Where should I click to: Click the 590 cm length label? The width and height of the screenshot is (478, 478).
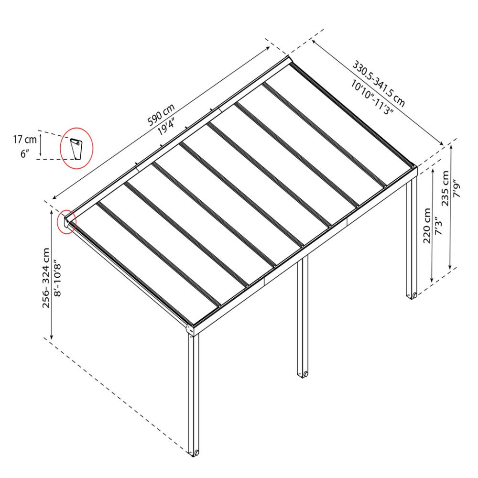coord(161,115)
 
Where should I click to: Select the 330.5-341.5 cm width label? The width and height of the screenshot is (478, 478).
coord(379,84)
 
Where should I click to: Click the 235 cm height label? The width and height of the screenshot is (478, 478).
coord(445,188)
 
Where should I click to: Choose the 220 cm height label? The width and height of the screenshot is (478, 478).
coord(427,226)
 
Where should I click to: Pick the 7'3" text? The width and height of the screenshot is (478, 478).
coord(437,226)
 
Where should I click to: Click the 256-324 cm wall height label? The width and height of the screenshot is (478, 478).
coord(46,278)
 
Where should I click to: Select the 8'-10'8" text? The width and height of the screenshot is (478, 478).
coord(57,278)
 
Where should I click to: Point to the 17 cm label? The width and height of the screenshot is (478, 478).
coord(25,140)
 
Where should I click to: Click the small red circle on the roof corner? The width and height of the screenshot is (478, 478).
coord(66,222)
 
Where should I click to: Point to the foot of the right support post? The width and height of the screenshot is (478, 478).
coord(412,295)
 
